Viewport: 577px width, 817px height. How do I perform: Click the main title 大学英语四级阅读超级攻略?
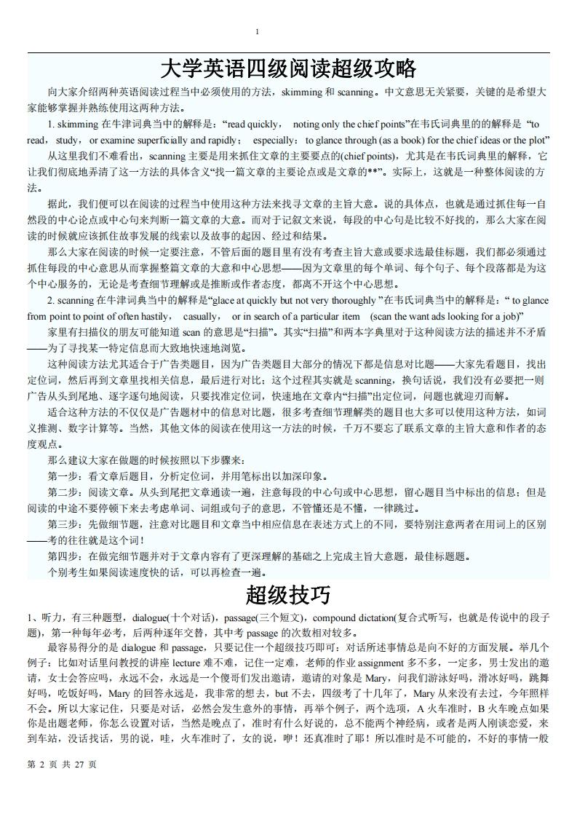[288, 69]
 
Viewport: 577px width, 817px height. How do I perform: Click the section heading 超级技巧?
[288, 595]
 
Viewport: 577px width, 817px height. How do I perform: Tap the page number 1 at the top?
[257, 31]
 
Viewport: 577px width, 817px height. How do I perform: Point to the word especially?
[276, 139]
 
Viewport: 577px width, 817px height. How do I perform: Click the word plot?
[539, 139]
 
